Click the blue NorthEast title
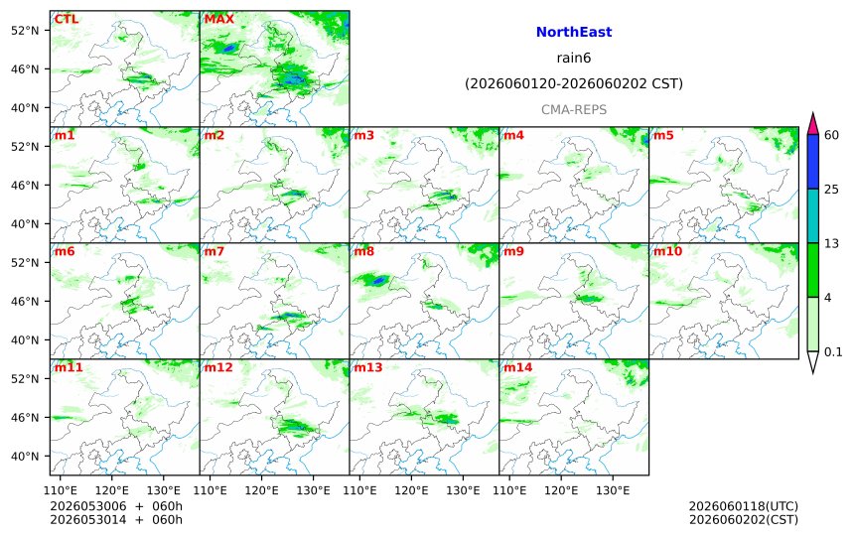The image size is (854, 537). (x=574, y=32)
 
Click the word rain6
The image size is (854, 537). (x=574, y=58)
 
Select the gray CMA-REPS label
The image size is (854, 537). (x=574, y=109)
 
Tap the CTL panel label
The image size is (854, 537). (x=66, y=19)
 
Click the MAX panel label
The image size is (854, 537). (x=218, y=19)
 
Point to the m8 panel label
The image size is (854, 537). (x=363, y=251)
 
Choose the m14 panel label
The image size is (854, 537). (x=517, y=367)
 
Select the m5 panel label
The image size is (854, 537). (x=663, y=135)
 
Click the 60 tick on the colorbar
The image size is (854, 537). (x=832, y=135)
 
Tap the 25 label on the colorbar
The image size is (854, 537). (x=832, y=190)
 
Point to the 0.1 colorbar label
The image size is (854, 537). (x=833, y=351)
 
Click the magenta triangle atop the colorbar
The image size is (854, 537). (x=812, y=125)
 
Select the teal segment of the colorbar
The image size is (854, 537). (x=812, y=215)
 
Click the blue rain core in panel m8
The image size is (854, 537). (x=378, y=281)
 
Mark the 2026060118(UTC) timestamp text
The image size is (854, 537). (x=744, y=506)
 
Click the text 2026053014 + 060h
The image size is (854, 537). (x=116, y=519)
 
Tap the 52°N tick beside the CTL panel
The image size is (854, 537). (x=25, y=31)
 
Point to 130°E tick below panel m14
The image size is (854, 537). (x=613, y=490)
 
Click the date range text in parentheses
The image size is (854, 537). (x=574, y=83)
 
